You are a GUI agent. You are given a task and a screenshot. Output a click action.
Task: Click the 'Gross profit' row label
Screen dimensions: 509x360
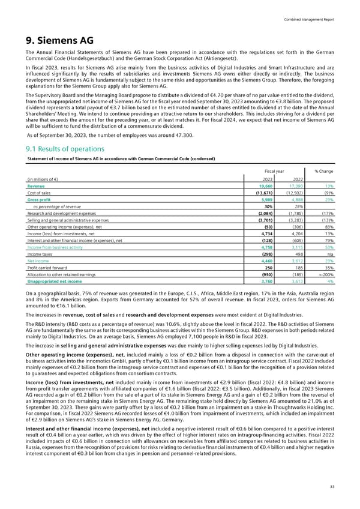[x=40, y=200]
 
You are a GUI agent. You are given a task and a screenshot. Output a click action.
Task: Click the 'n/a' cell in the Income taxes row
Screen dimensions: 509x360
[x=331, y=254]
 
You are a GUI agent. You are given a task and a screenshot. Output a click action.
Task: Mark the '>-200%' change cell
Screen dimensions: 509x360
[x=326, y=276]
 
